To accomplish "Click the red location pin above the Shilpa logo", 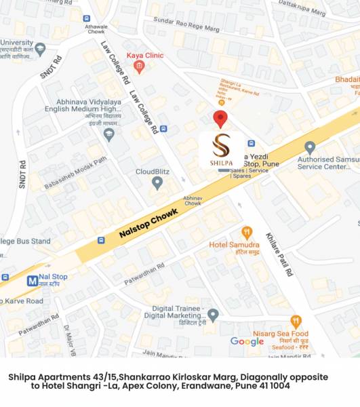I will (220, 118).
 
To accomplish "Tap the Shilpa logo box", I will (221, 151).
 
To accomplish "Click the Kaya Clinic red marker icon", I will (139, 66).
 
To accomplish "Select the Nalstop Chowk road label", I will (148, 222).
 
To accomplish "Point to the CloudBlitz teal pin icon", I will (157, 182).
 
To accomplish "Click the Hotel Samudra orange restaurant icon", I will (247, 233).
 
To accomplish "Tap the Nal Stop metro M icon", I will (32, 280).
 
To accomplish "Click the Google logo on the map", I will (247, 342).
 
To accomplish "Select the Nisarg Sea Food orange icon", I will (296, 321).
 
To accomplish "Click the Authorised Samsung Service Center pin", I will (310, 147).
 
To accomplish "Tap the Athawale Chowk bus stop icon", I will (86, 18).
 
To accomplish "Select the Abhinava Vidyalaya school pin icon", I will (108, 134).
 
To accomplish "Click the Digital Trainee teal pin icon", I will (213, 314).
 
